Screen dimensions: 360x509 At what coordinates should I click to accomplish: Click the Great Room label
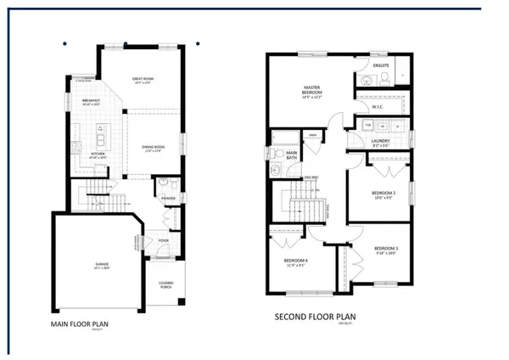(x=142, y=79)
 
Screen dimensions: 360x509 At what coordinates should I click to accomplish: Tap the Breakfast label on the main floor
(x=92, y=101)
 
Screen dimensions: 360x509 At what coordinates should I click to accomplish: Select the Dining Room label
(x=152, y=147)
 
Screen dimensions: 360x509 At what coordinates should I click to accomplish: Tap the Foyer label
(x=163, y=240)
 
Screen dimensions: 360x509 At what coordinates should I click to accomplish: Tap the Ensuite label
(x=381, y=65)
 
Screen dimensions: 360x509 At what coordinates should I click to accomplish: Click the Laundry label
(x=381, y=143)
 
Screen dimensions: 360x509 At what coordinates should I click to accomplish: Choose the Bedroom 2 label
(x=383, y=193)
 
